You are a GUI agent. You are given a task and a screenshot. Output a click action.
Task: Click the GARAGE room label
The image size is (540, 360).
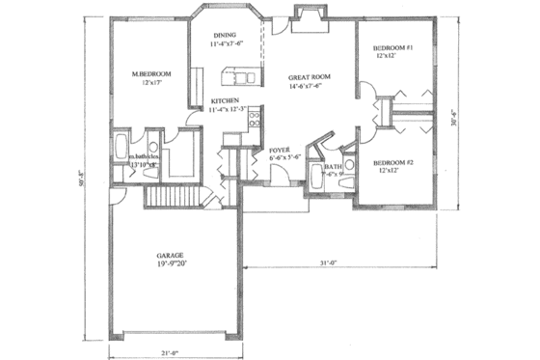click(x=171, y=258)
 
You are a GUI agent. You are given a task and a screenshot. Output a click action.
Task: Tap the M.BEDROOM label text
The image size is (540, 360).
click(x=151, y=74)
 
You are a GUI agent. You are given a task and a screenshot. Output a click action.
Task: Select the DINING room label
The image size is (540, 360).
click(x=226, y=34)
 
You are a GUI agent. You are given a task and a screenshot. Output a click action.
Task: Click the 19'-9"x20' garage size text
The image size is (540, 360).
click(x=171, y=268)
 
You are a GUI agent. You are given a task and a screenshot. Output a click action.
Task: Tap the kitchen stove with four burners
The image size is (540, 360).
click(x=255, y=121)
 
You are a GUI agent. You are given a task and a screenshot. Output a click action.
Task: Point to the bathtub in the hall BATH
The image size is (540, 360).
click(x=315, y=178)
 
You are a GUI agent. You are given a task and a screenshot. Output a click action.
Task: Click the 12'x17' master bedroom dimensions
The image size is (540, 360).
click(x=151, y=84)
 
